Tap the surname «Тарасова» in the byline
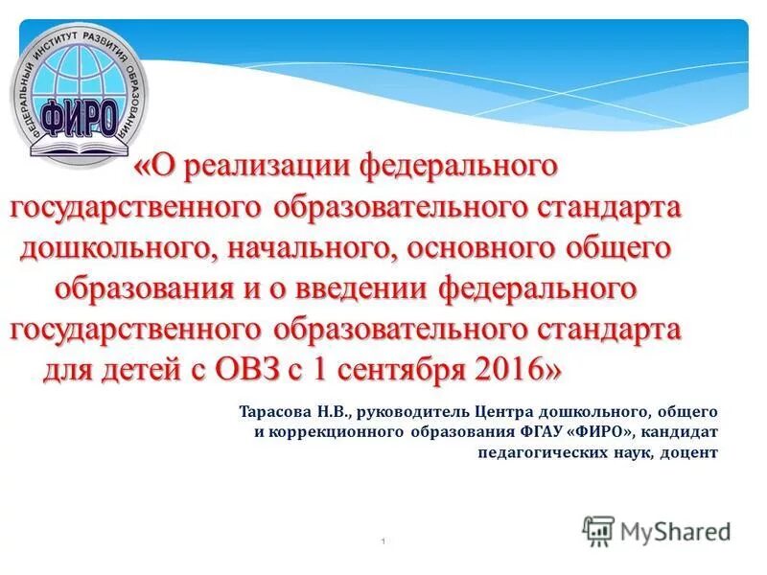(x=275, y=412)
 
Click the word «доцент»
(x=689, y=453)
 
